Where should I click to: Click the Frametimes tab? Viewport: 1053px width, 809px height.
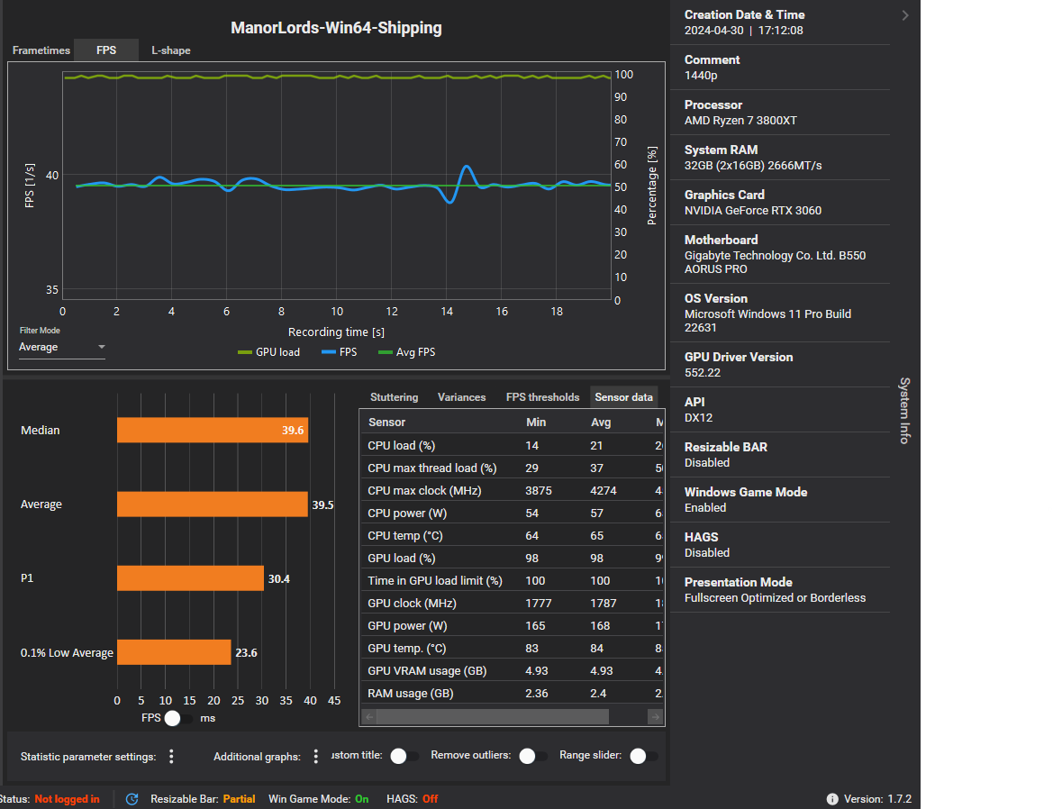coord(41,50)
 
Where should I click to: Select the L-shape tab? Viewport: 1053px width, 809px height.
coord(170,50)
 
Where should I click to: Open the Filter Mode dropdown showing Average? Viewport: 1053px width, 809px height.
coord(62,348)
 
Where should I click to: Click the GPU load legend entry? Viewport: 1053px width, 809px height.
coord(269,352)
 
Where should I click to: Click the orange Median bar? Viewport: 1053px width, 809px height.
coord(213,431)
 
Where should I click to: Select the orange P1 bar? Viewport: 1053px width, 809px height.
coord(190,578)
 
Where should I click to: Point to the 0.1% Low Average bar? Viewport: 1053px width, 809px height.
coord(174,652)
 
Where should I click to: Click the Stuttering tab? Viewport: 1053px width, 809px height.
coord(394,397)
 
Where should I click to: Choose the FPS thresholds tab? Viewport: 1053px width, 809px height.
coord(542,397)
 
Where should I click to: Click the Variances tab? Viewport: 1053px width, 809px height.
coord(461,397)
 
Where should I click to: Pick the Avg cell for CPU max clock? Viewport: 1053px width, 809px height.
coord(601,491)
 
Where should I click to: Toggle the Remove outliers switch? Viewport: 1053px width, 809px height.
coord(532,756)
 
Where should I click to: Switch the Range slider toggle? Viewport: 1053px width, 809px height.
coord(643,756)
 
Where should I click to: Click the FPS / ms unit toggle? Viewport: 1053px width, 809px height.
coord(178,718)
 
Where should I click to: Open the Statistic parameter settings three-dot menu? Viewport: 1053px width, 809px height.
coord(171,757)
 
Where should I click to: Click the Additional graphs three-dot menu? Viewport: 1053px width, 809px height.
coord(315,757)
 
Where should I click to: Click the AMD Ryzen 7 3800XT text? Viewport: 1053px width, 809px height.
coord(740,121)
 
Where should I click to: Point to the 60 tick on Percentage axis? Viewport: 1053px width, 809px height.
coord(621,165)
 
